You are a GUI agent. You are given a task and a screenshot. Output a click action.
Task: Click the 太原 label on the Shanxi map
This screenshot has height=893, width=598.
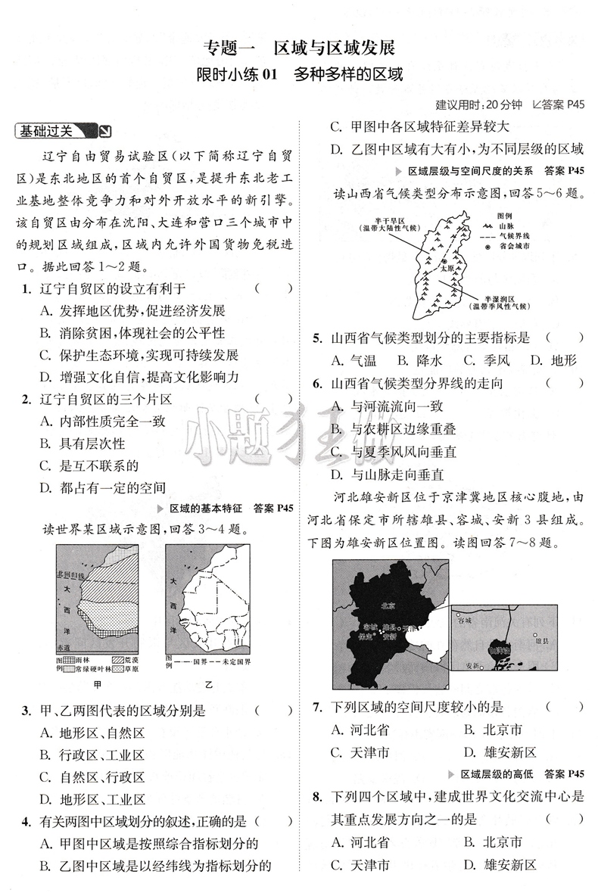(x=448, y=269)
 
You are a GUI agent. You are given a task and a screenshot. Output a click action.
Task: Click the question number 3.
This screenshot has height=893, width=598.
(x=26, y=710)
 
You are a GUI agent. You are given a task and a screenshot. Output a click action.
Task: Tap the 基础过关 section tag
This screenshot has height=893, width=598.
(x=47, y=132)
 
